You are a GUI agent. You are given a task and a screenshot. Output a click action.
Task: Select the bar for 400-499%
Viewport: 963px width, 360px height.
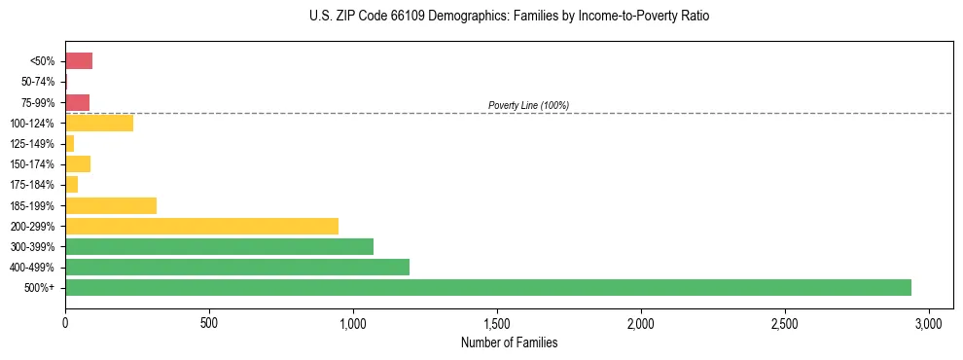tap(237, 267)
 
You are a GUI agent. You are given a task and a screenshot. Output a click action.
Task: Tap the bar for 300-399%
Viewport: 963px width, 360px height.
tap(219, 246)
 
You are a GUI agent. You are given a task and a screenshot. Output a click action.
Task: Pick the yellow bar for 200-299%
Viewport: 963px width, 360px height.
tap(201, 226)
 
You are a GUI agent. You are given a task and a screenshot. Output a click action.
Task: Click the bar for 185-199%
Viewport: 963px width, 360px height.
tap(111, 205)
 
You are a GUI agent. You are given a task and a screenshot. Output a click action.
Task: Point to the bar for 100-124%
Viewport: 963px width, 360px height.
tap(99, 123)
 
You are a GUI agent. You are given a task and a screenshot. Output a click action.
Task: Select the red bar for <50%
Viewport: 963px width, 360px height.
tap(79, 61)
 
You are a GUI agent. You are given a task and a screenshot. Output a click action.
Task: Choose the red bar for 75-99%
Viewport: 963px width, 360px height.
tap(78, 102)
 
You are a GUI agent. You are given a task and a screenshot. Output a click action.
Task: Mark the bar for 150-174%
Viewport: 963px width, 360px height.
tap(78, 163)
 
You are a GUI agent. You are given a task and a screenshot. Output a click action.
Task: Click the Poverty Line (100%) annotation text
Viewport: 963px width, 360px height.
tap(528, 105)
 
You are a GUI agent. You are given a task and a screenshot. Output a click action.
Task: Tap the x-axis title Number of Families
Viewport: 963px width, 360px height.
tap(509, 342)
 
